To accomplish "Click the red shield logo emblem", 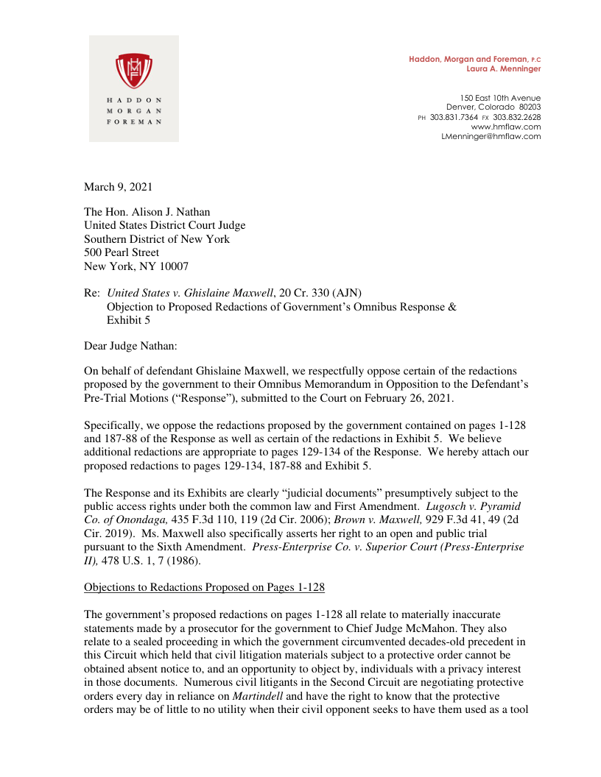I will coord(134,69).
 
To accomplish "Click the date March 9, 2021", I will coord(119,187).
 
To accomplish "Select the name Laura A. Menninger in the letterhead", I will coord(504,68).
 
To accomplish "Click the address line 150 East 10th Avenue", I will coord(500,98).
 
